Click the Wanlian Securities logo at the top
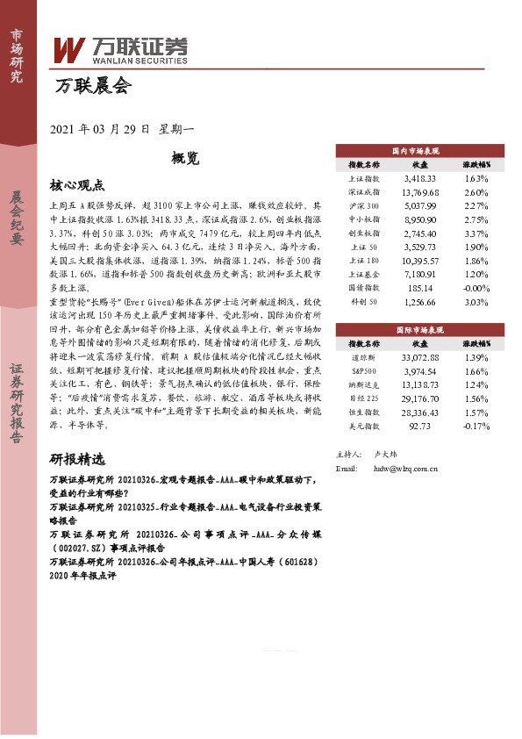pyautogui.click(x=121, y=52)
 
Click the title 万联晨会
pyautogui.click(x=92, y=86)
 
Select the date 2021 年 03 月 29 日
pyautogui.click(x=103, y=129)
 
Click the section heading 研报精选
pyautogui.click(x=78, y=460)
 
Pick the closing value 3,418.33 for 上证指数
pyautogui.click(x=418, y=178)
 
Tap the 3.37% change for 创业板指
pyautogui.click(x=476, y=233)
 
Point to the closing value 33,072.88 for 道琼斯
pyautogui.click(x=418, y=358)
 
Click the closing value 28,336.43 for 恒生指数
pyautogui.click(x=418, y=413)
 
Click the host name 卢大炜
pyautogui.click(x=385, y=456)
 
